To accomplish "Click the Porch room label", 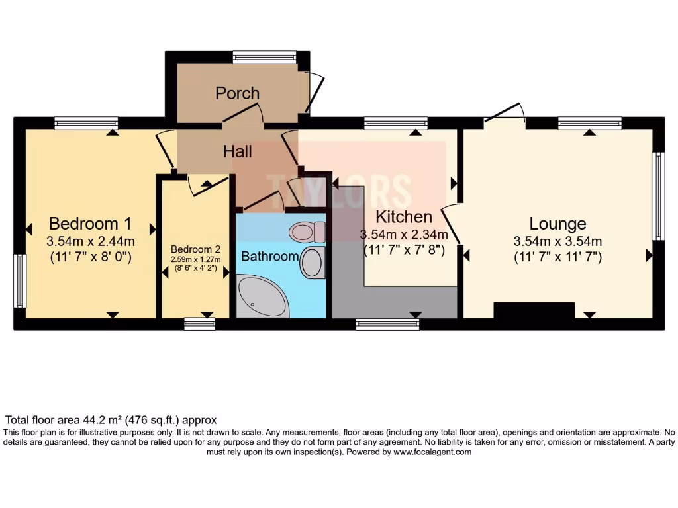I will [237, 93].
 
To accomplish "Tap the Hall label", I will [237, 151].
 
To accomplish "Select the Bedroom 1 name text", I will [90, 222].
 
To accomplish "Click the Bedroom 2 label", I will [195, 249].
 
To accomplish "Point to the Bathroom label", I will [269, 256].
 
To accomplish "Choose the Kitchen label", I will [404, 216].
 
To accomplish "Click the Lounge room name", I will [557, 224].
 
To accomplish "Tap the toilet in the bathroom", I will [308, 232].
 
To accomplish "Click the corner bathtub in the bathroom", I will [261, 297].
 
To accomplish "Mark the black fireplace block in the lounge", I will [534, 310].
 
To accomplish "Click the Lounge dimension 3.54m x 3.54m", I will [557, 241].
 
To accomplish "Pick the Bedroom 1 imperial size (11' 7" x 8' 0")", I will [90, 257].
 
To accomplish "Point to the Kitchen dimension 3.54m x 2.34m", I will [404, 234].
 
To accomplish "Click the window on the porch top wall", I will [264, 58].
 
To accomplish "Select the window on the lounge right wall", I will [657, 196].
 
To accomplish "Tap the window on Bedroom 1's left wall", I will [20, 281].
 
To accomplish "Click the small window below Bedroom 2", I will [199, 323].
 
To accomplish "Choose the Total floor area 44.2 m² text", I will [111, 420].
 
